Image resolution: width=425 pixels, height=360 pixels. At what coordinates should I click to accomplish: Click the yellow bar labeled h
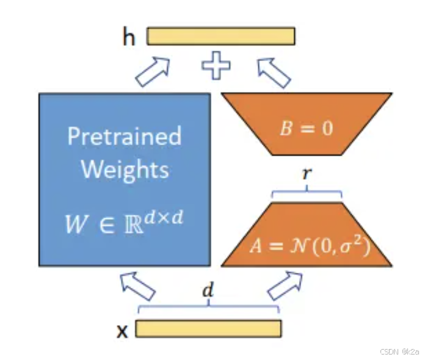(x=221, y=36)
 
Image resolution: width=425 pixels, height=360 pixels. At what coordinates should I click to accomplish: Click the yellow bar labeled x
(x=208, y=329)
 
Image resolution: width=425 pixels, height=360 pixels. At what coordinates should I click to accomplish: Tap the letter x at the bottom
(x=122, y=331)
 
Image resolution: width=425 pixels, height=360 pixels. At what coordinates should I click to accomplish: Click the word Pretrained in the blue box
(x=124, y=136)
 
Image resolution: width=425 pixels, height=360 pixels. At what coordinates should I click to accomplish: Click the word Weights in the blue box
(x=125, y=168)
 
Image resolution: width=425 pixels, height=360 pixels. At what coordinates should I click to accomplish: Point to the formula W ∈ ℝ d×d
(x=124, y=224)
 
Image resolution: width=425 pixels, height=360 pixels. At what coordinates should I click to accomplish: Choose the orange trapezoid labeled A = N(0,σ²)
(x=306, y=238)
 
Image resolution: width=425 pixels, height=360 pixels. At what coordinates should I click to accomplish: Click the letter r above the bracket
(x=307, y=174)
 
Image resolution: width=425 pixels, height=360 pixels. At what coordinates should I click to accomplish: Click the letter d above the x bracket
(x=208, y=291)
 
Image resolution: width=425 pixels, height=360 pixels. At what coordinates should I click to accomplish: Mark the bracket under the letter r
(x=307, y=194)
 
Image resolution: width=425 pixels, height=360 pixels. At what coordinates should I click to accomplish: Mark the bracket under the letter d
(x=208, y=307)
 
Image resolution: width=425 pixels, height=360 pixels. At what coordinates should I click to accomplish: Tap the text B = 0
(x=307, y=129)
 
